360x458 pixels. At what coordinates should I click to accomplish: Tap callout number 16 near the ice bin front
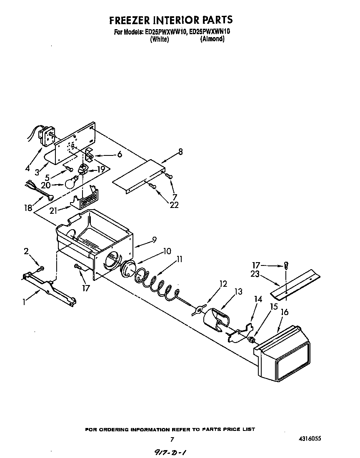[285, 312]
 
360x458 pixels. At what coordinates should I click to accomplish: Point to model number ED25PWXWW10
[165, 31]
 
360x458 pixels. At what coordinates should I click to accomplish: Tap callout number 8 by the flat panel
[180, 152]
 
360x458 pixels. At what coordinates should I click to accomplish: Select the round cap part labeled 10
[129, 271]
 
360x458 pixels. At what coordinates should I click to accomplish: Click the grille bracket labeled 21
[85, 200]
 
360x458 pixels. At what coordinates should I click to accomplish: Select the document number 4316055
[309, 439]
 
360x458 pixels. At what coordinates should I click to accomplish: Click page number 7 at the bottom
[172, 439]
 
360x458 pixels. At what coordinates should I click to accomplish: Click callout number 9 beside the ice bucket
[154, 240]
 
